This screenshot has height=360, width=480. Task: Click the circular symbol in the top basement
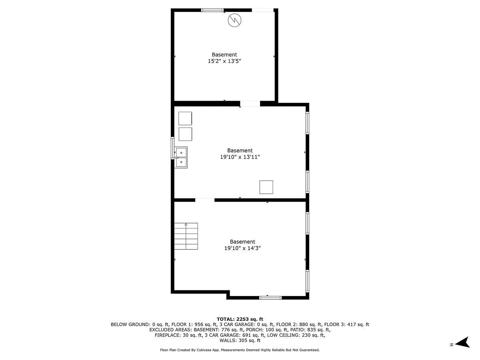234,20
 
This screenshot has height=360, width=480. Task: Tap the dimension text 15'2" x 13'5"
224,61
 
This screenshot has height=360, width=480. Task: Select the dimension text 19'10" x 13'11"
240,157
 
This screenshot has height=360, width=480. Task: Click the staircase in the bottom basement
186,236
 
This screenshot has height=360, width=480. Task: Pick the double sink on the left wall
181,157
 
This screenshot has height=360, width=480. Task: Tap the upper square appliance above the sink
185,118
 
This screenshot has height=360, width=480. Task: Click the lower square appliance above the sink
185,134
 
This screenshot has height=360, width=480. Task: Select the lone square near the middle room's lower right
266,187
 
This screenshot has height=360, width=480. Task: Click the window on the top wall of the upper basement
212,10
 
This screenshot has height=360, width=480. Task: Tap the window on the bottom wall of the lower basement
270,298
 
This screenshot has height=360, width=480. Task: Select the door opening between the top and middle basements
250,104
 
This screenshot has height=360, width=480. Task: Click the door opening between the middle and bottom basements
205,199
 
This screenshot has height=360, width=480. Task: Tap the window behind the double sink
173,148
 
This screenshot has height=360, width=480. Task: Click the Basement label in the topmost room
224,54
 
